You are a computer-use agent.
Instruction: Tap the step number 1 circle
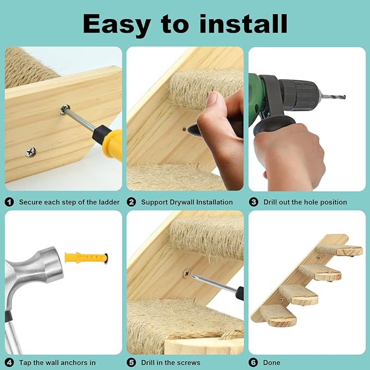9,202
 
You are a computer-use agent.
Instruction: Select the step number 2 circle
131,202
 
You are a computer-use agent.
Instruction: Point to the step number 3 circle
253,202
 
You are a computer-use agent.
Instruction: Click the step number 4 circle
9,362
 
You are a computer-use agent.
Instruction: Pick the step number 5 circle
131,362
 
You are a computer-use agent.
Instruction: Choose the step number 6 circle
253,362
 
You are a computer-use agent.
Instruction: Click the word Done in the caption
271,362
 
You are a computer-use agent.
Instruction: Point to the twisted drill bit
333,96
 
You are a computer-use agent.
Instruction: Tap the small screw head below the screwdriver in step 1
31,152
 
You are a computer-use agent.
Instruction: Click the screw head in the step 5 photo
187,271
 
